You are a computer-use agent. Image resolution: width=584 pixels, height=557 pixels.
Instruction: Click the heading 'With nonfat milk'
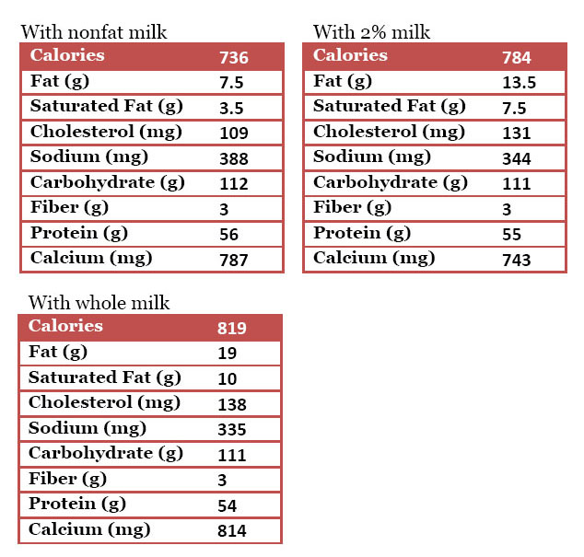point(94,33)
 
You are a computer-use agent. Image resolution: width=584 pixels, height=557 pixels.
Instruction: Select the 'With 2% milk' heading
point(372,33)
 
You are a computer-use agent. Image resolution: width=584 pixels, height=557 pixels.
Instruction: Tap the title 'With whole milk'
point(99,303)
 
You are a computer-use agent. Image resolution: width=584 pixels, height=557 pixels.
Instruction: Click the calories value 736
point(234,57)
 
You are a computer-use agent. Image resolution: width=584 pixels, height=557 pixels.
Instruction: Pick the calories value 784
point(517,57)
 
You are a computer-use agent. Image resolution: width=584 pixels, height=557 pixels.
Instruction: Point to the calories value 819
point(232,328)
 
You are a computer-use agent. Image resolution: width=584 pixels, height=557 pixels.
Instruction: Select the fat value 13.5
point(520,83)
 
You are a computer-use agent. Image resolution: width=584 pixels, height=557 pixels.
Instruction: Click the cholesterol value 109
point(234,133)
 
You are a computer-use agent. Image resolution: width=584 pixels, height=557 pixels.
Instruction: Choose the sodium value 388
point(234,158)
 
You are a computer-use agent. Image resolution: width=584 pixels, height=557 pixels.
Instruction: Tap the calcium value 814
point(232,530)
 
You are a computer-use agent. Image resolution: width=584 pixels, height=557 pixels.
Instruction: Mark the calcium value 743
point(517,260)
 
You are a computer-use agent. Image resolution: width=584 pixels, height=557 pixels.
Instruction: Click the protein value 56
point(228,235)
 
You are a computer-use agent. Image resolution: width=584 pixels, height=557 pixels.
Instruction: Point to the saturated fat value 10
point(228,378)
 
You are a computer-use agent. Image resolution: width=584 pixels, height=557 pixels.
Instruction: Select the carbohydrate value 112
point(234,183)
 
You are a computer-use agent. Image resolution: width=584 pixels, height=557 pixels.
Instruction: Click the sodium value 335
point(232,429)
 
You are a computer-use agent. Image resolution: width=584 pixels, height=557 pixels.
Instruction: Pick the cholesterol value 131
point(517,133)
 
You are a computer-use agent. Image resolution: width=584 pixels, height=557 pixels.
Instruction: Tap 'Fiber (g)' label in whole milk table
point(67,479)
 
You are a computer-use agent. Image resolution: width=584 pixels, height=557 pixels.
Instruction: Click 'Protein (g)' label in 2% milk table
point(362,233)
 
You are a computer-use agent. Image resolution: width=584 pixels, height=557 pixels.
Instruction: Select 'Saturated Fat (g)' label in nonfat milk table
point(106,107)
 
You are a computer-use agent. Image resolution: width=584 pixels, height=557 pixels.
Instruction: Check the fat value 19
point(228,353)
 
